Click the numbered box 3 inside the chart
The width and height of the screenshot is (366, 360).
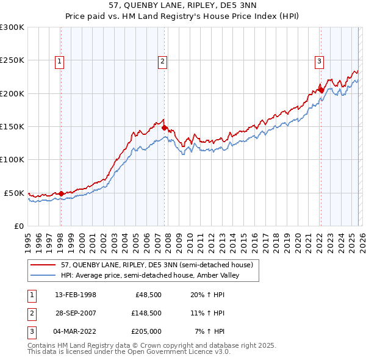tap(320, 60)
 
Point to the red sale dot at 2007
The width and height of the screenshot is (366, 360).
tap(164, 128)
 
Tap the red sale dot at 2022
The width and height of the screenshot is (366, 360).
tap(320, 90)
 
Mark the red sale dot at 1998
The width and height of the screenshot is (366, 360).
tap(61, 193)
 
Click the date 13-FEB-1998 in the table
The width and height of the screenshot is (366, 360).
tap(75, 294)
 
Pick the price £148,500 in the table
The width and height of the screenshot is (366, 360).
tap(146, 312)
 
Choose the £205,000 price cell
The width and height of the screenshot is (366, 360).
tap(146, 331)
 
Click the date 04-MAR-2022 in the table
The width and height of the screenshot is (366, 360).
tap(76, 331)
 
